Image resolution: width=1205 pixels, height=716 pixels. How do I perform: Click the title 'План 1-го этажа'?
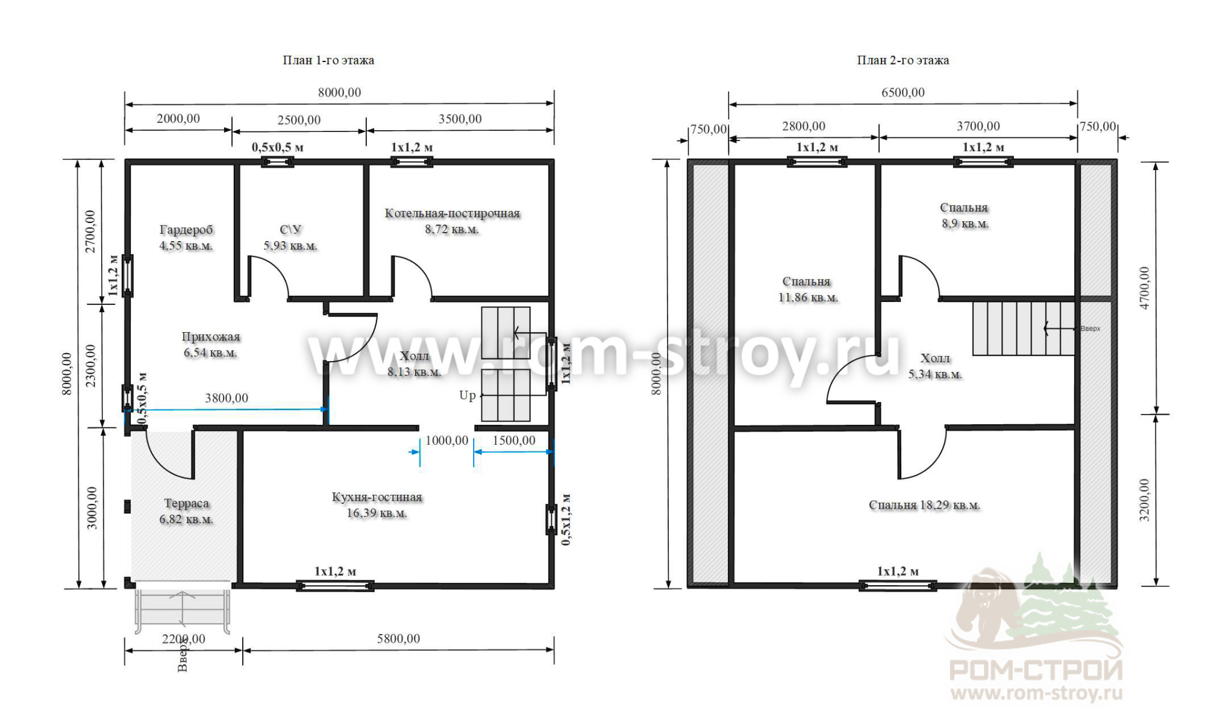328,60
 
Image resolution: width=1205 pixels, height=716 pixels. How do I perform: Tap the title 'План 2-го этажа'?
903,60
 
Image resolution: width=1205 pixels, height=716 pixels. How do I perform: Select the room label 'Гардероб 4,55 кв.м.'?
186,237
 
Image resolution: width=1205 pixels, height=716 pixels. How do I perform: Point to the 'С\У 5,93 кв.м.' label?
290,237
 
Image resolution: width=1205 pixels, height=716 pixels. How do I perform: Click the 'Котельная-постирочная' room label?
452,213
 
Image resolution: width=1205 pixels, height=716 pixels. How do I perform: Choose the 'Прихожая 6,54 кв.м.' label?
210,345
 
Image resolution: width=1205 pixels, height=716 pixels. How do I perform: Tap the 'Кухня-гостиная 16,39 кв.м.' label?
377,505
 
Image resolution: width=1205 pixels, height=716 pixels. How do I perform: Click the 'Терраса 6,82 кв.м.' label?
186,511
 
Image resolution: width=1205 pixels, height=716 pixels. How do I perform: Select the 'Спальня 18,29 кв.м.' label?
924,505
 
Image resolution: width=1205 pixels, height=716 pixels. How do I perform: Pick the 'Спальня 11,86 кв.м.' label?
807,289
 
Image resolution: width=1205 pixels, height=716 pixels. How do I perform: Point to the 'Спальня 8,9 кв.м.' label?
965,215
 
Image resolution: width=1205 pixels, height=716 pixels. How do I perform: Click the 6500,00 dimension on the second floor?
903,92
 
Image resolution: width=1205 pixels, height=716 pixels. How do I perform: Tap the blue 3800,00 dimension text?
227,398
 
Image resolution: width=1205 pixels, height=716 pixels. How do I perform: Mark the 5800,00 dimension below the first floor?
398,639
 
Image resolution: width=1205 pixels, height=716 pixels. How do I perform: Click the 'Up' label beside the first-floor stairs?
468,396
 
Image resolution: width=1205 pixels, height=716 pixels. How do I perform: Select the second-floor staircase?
1024,328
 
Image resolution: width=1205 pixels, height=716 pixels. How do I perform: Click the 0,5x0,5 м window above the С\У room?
277,162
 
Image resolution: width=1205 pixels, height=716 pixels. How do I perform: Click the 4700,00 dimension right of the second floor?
1144,288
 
